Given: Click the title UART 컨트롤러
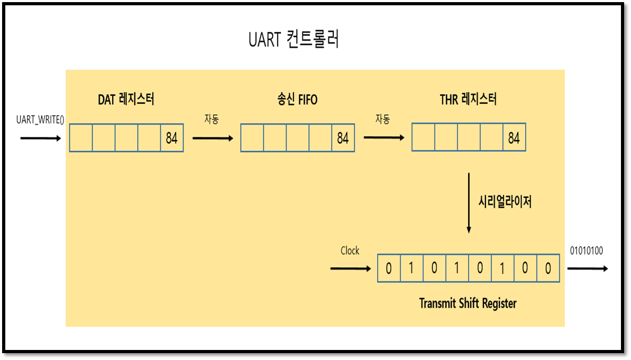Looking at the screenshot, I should click(x=294, y=40).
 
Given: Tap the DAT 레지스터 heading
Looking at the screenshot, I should click(x=126, y=99).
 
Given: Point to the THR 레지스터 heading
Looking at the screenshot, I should click(x=469, y=99).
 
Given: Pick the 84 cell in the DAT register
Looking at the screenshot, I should click(x=172, y=139).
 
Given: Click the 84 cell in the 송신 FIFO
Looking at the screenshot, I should click(x=343, y=139).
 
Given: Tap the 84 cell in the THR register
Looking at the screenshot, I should click(x=514, y=139).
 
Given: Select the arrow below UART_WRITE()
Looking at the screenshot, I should click(x=41, y=139).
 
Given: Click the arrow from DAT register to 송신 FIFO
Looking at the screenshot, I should click(x=212, y=139).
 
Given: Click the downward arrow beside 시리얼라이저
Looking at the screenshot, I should click(x=469, y=202).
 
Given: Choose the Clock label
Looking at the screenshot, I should click(x=350, y=251).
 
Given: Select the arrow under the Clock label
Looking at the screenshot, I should click(x=350, y=269).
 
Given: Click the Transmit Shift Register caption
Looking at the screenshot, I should click(x=468, y=303).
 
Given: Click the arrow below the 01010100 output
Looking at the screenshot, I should click(x=587, y=269).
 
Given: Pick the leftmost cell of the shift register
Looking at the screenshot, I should click(x=389, y=269).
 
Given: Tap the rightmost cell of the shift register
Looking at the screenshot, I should click(x=548, y=269).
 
